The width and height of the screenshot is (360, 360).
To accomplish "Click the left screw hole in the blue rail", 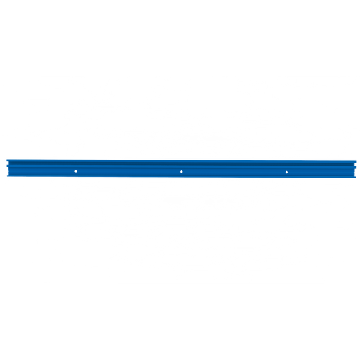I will [76, 171].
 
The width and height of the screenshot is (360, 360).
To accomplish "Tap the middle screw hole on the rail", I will [181, 171].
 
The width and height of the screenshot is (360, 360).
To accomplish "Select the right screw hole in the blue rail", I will [287, 171].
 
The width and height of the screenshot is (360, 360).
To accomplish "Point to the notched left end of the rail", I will [6, 168].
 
